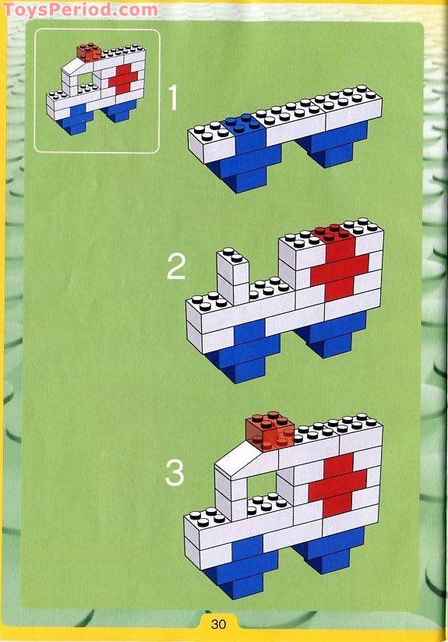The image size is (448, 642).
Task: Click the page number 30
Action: coord(217,623)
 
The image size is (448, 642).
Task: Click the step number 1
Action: coord(173,99)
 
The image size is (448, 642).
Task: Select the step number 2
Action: coord(176,267)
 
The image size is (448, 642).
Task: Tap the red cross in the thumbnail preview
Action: coord(122,80)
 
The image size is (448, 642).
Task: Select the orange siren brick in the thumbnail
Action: coord(88,53)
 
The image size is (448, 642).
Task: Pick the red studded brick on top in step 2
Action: coord(332,232)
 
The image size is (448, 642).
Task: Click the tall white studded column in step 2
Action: coord(232,277)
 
